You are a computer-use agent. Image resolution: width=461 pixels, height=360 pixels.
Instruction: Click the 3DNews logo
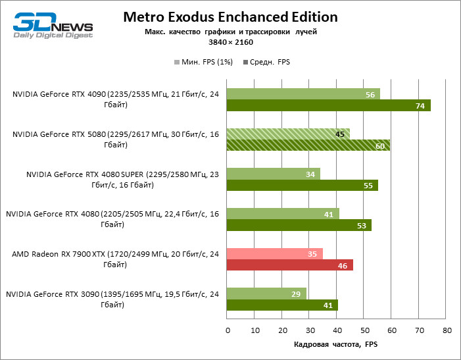click(53, 25)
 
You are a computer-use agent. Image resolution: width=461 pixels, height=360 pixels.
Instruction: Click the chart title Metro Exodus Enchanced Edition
click(230, 17)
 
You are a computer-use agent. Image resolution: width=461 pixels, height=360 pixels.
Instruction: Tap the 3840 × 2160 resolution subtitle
click(230, 41)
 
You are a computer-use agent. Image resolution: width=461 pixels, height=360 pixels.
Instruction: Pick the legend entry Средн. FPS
click(266, 63)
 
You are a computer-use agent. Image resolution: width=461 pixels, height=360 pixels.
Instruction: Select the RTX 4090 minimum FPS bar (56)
click(303, 94)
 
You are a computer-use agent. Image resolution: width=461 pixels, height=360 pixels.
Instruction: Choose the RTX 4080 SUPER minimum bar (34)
click(273, 174)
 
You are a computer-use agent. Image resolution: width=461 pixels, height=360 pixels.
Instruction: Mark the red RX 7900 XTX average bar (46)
click(289, 265)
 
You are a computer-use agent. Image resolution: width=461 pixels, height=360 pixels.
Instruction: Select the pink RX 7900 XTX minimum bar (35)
click(274, 253)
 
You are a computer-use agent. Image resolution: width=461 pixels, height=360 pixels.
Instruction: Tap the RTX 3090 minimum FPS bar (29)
click(266, 294)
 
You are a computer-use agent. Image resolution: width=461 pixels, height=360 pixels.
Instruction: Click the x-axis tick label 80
click(447, 330)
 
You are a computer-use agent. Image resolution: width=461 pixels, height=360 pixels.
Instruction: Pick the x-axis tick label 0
click(227, 330)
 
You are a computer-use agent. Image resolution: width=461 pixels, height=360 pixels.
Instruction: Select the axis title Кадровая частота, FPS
click(335, 344)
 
